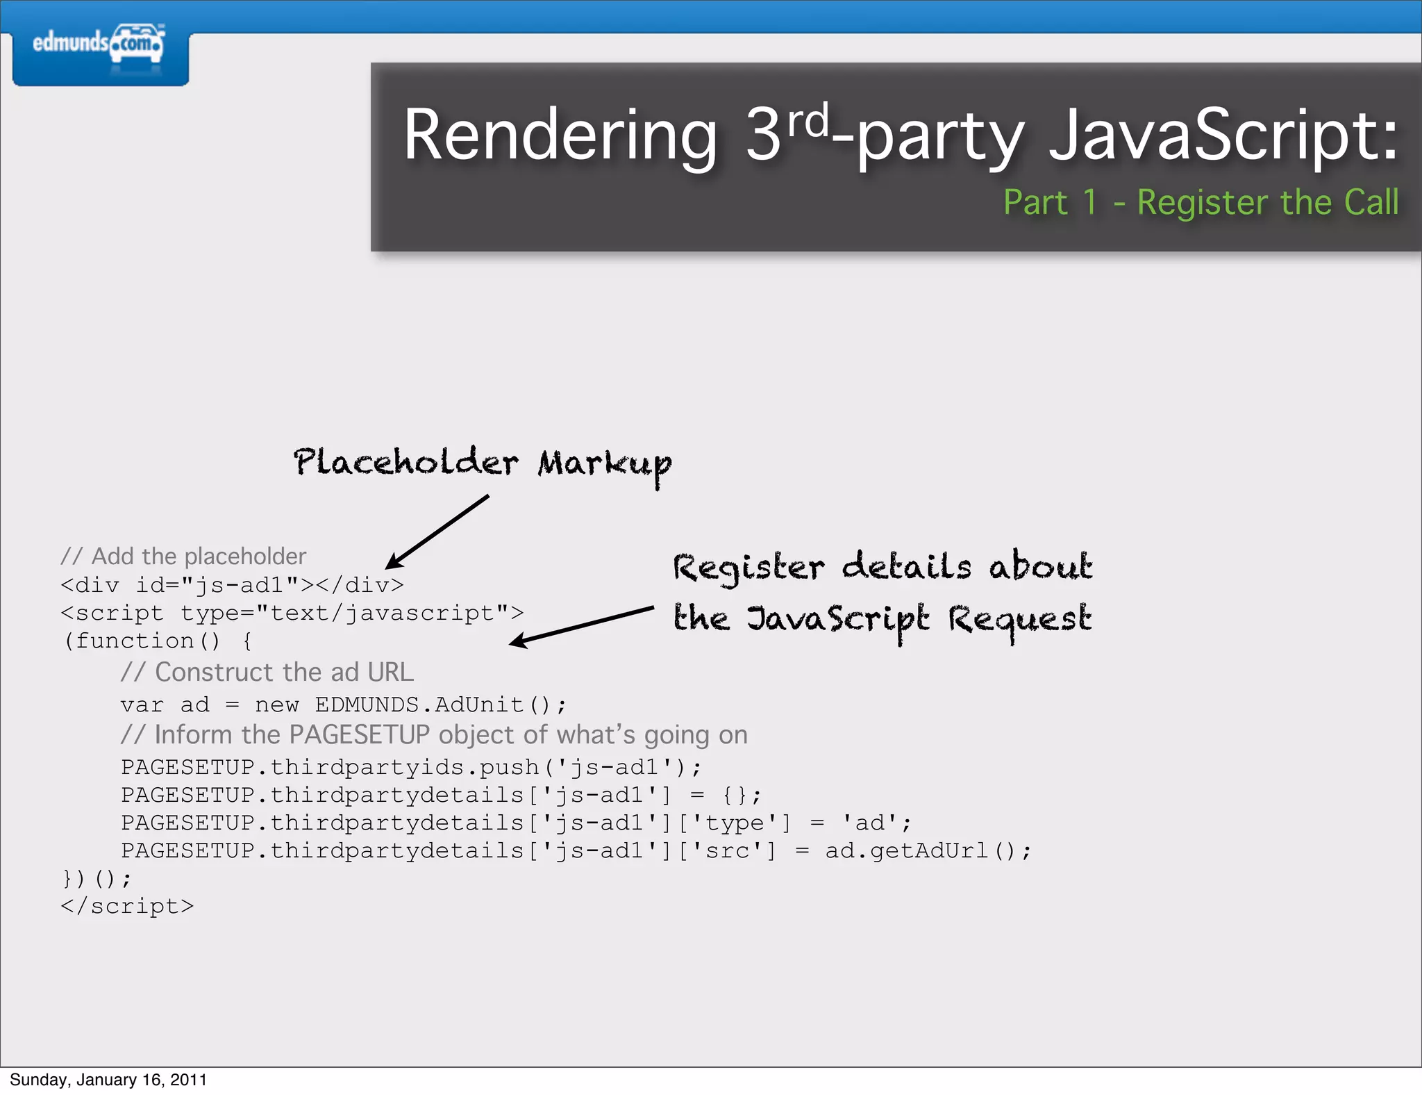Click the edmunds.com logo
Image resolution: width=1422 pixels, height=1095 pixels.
click(99, 44)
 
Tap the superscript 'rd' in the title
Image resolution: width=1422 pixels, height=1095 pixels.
click(807, 121)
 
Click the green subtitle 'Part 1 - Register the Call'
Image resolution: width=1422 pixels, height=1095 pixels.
click(1201, 203)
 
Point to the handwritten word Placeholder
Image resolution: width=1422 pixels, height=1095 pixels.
click(405, 463)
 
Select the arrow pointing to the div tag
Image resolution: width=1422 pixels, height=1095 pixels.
click(437, 532)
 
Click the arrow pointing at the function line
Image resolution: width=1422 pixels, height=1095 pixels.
click(582, 626)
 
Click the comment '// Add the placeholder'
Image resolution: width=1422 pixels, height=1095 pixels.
click(183, 557)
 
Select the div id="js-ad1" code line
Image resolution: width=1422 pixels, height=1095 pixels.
click(232, 585)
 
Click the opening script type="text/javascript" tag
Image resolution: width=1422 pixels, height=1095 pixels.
click(292, 614)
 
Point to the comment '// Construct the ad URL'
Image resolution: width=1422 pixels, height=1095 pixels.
click(267, 673)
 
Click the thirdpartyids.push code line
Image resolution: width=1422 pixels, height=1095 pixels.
click(411, 767)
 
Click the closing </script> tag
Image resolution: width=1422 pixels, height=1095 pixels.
click(127, 906)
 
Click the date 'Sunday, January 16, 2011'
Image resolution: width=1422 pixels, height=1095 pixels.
click(108, 1080)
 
